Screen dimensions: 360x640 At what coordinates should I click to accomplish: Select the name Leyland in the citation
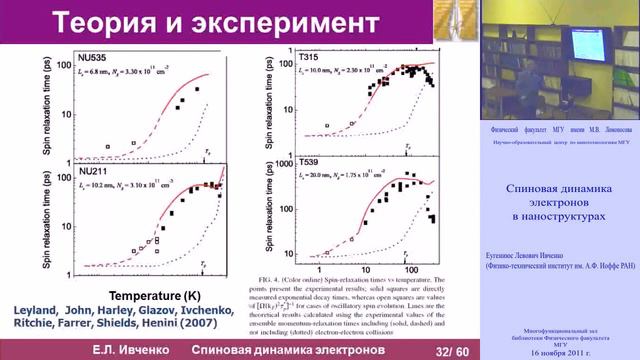click(41, 311)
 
